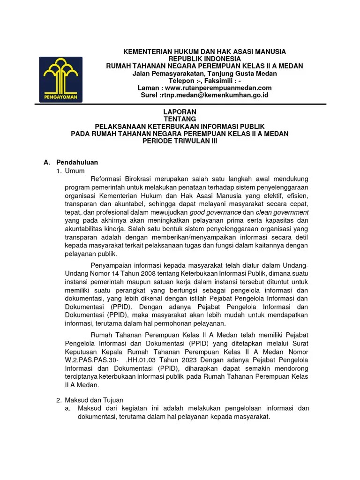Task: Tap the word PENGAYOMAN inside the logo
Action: coord(61,97)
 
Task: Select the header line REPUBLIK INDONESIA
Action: coord(204,59)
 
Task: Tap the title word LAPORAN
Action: coord(180,112)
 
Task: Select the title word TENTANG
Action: coord(180,119)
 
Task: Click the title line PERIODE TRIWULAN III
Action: coord(180,141)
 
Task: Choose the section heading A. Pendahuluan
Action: coord(70,162)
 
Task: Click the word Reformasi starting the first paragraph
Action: coord(105,179)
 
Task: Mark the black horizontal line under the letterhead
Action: coord(180,104)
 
